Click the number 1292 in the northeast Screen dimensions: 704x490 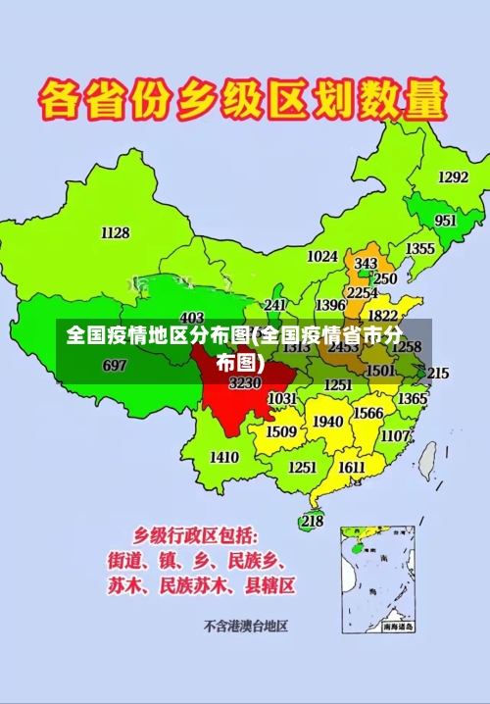click(453, 177)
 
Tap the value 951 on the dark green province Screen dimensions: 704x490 click(446, 221)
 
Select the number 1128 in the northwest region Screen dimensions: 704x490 click(115, 232)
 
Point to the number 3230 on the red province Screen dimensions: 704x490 click(244, 382)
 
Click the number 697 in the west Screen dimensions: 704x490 click(115, 366)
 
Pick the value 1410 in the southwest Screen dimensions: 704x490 click(224, 457)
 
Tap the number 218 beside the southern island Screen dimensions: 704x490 click(312, 521)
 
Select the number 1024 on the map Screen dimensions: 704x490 click(322, 256)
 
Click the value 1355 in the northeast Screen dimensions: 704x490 click(420, 249)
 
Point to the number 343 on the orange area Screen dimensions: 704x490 click(366, 264)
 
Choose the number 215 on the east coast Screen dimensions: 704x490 click(438, 373)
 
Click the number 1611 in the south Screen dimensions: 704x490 click(352, 467)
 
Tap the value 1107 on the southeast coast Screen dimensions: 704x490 click(395, 435)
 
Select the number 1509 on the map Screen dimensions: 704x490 click(281, 431)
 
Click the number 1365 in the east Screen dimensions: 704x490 click(412, 398)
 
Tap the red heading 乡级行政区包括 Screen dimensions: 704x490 click(196, 535)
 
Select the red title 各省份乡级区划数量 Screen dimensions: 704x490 click(242, 101)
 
